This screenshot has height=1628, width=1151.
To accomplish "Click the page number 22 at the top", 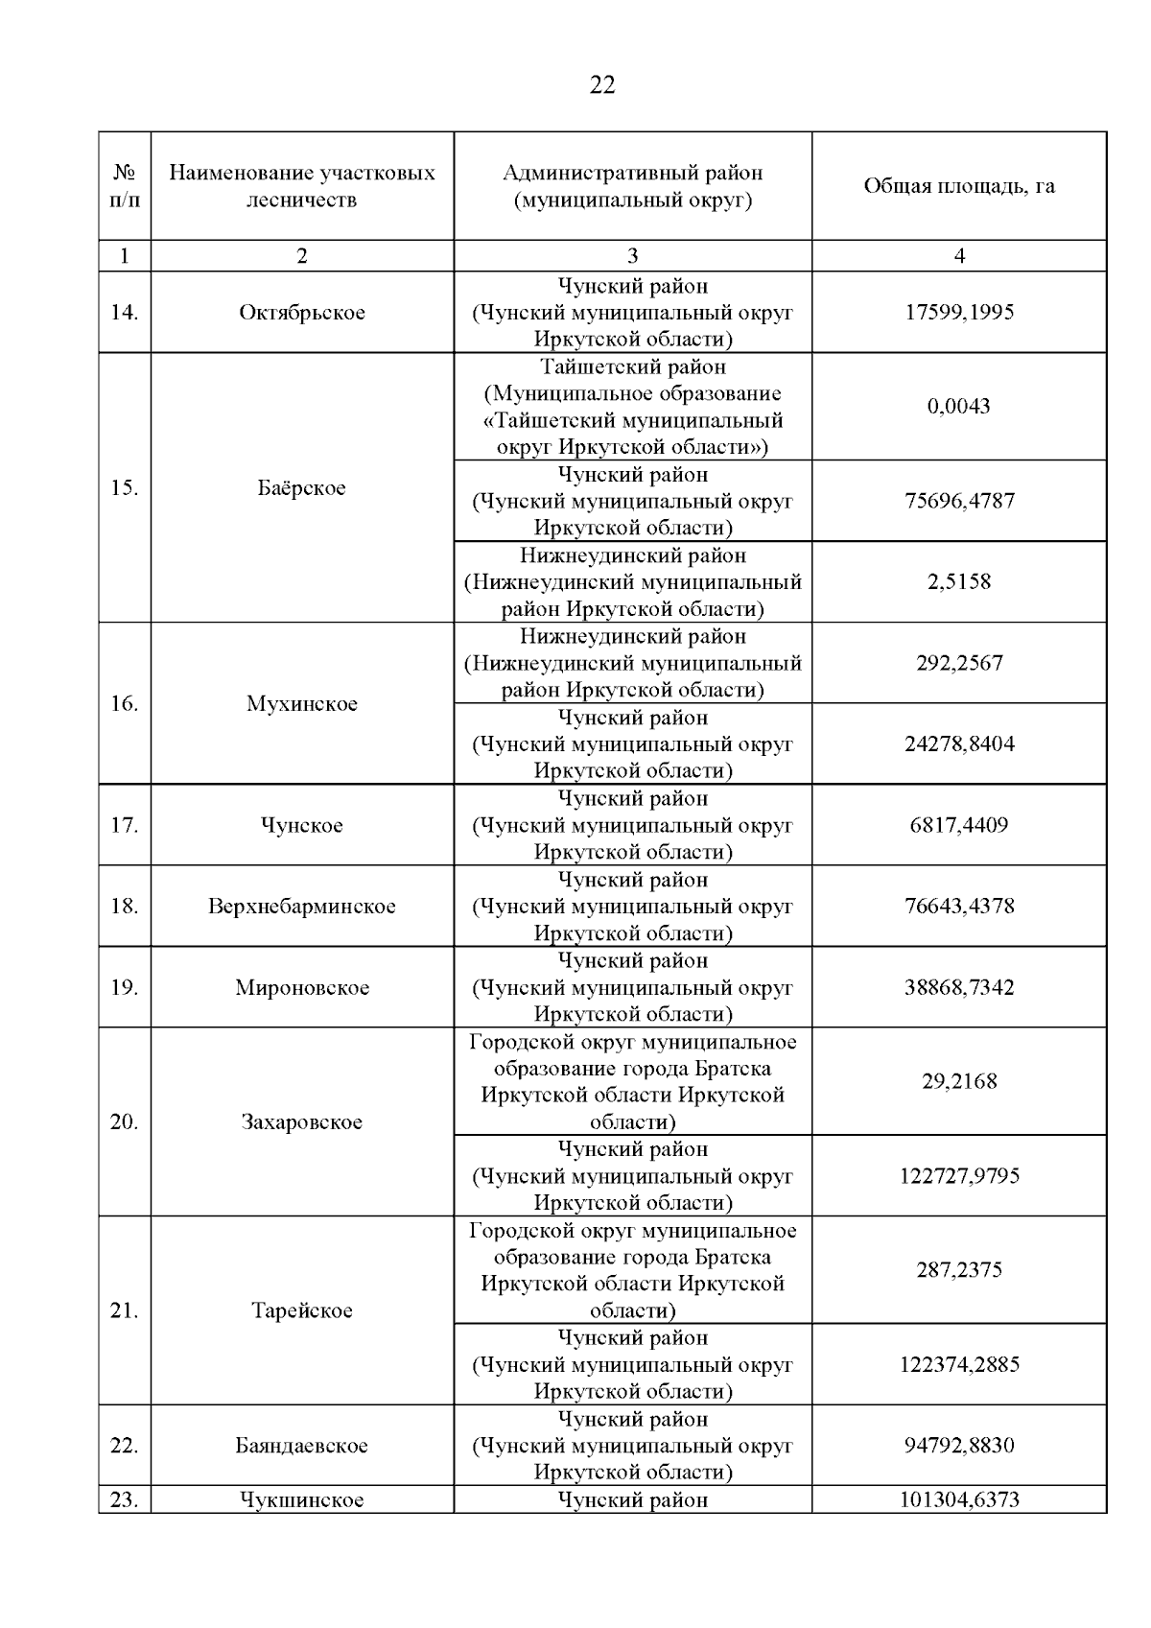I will tap(602, 85).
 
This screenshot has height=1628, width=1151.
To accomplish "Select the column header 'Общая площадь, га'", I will tap(959, 186).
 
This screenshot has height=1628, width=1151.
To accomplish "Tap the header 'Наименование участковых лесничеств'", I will tap(302, 186).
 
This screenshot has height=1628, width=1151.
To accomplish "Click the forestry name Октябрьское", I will tap(302, 313).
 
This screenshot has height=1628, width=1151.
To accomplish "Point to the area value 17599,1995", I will tap(959, 313).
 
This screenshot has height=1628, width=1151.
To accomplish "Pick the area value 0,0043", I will tap(959, 407).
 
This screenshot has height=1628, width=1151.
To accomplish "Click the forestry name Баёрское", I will tap(302, 488).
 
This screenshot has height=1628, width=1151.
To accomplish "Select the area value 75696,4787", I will tap(959, 501).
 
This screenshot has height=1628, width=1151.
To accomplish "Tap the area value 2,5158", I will tap(959, 582).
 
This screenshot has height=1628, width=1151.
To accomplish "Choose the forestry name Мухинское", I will tap(302, 704).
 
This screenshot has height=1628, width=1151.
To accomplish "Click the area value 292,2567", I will tap(959, 663).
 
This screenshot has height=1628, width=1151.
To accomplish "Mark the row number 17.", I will tap(125, 825).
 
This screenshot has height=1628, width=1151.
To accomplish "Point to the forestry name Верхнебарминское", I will tap(302, 907).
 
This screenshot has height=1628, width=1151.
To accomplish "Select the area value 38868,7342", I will tap(959, 988).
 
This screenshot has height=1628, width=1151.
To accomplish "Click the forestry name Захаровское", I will tap(302, 1122).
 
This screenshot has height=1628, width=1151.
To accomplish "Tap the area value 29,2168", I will tap(959, 1082).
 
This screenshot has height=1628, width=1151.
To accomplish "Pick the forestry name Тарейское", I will tap(302, 1310).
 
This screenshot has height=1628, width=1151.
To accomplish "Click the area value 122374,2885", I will tap(959, 1364).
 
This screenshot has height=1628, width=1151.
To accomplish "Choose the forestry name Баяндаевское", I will tap(302, 1446).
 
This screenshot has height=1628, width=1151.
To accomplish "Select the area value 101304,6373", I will tap(959, 1500).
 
